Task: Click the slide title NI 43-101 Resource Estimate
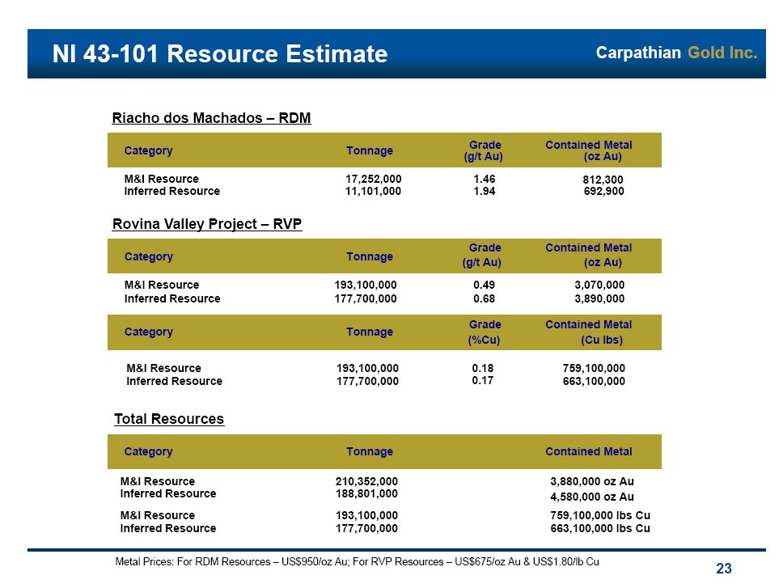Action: [219, 54]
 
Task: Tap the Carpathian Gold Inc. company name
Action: [676, 53]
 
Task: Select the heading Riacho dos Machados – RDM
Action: [211, 118]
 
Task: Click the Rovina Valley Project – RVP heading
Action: [206, 224]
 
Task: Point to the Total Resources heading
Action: [169, 419]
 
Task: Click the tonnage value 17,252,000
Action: [373, 179]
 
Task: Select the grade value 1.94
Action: [485, 192]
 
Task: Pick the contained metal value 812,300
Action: [603, 180]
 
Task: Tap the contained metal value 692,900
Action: [603, 192]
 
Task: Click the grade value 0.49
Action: [484, 286]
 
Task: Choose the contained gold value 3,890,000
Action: [599, 298]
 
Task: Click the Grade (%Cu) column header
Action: [485, 332]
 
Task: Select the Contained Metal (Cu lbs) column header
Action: [589, 332]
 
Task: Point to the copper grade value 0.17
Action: [482, 380]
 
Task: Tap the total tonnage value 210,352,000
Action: [366, 481]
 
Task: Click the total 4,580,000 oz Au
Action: [591, 497]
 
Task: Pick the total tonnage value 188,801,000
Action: [366, 493]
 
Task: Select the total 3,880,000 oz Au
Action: [591, 481]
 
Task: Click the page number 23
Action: [724, 569]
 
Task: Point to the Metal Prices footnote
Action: [358, 561]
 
